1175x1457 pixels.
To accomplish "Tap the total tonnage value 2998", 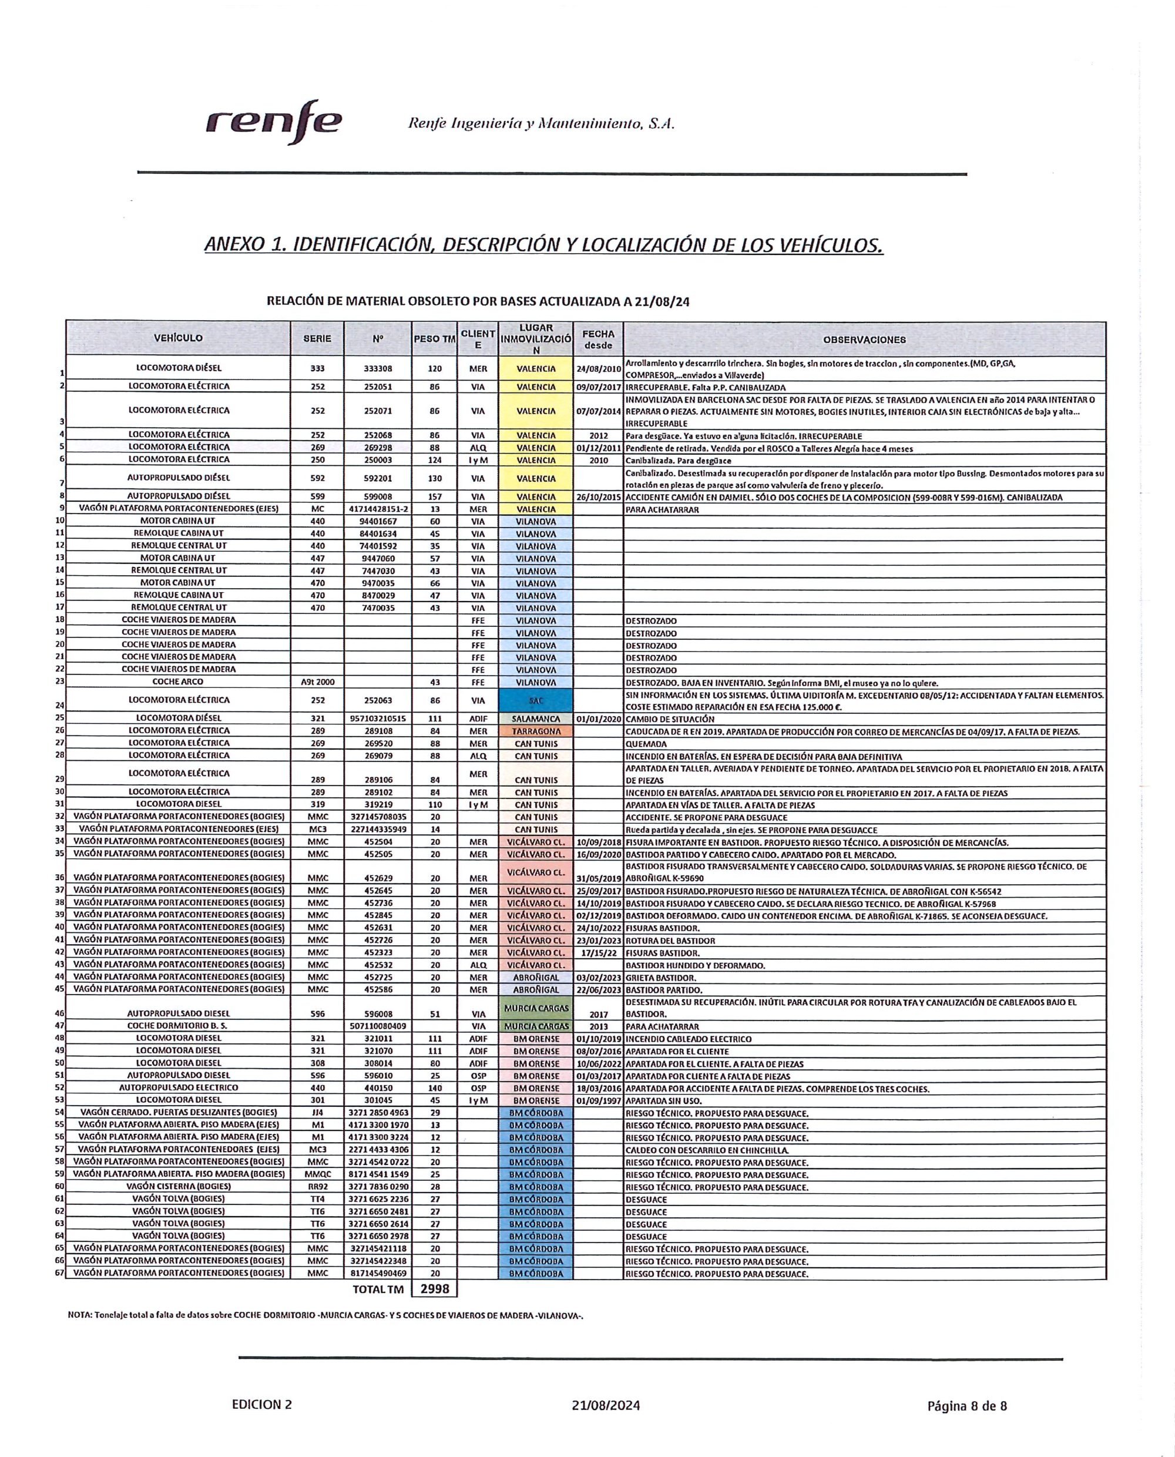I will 435,1289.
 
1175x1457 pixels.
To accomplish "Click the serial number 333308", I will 378,369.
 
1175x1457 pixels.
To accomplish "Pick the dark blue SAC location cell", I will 535,700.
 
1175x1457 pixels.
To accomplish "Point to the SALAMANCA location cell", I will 535,719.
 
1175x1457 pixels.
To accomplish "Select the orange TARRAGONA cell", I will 535,731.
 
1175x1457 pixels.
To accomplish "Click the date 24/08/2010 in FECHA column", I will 598,369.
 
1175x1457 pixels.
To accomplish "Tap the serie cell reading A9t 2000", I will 317,682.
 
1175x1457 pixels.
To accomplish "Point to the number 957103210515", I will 378,719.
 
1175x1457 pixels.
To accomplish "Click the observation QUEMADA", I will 646,744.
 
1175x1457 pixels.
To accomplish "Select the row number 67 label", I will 59,1273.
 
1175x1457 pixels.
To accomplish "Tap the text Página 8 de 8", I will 966,1405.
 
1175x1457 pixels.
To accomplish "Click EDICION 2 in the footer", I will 262,1404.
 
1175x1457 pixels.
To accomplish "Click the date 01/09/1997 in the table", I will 598,1101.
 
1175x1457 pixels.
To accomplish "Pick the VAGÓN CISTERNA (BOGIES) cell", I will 179,1186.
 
